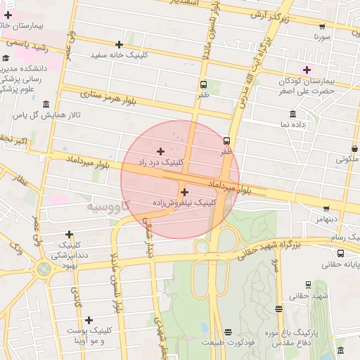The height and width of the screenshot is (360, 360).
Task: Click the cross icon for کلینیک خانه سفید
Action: point(120,44)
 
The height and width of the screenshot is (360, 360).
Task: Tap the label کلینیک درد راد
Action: point(163,162)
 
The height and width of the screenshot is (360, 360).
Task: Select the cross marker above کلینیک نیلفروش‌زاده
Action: point(184,192)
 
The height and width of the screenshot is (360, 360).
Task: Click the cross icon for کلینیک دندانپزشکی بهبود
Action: point(69,235)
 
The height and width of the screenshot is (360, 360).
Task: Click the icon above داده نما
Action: point(292,113)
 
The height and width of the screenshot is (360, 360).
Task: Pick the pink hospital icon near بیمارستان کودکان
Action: point(307,69)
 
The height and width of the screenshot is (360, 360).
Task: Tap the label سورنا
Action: point(322,34)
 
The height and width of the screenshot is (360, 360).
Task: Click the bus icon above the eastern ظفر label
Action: point(226,140)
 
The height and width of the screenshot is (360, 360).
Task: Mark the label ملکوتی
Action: point(346,160)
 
